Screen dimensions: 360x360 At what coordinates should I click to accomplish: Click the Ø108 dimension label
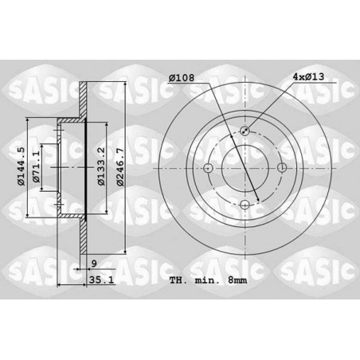click(x=182, y=77)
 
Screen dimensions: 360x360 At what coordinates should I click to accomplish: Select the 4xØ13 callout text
click(x=308, y=76)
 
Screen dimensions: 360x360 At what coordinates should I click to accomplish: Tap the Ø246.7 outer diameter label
click(x=120, y=167)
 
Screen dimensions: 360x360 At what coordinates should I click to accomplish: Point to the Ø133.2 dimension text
click(x=101, y=166)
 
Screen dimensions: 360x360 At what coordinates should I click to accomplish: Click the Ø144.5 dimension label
click(x=21, y=166)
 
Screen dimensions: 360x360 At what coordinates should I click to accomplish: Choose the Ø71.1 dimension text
click(x=36, y=166)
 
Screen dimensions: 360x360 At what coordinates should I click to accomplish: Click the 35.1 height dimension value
click(x=101, y=280)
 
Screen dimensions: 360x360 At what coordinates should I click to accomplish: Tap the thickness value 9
click(x=94, y=264)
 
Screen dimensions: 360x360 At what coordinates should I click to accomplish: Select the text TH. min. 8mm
click(x=208, y=280)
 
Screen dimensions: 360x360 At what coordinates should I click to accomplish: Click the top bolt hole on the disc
click(x=245, y=131)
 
